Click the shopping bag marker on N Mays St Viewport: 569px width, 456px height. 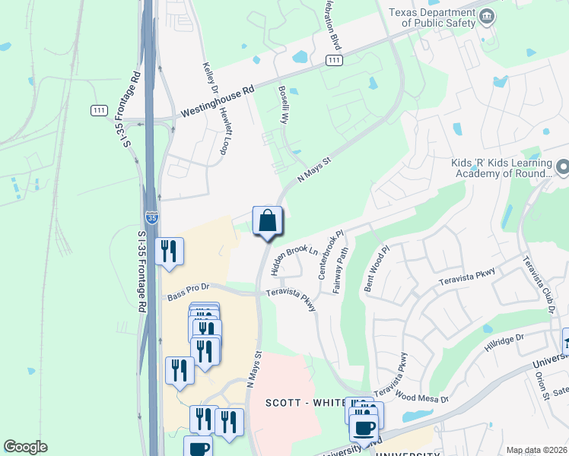(x=267, y=221)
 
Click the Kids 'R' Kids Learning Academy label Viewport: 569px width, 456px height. (x=500, y=168)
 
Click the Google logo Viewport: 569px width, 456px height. (x=25, y=446)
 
